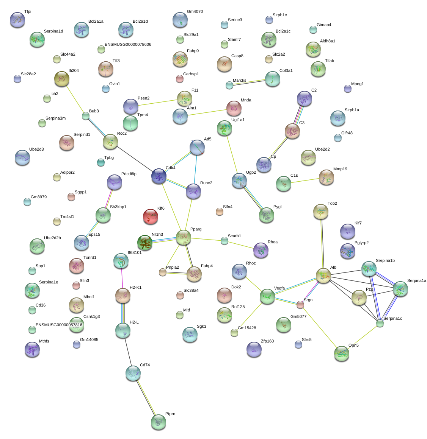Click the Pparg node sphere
point(184,237)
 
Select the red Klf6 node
point(151,216)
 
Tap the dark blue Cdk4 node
point(159,176)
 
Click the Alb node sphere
point(323,276)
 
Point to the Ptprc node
point(159,422)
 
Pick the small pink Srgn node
point(300,304)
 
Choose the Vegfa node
point(267,296)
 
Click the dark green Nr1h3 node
point(145,243)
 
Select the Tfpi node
point(17,20)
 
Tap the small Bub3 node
point(86,116)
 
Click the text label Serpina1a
point(416,281)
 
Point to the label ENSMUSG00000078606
point(128,45)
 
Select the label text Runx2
point(206,183)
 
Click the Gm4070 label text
point(195,12)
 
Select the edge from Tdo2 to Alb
point(322,244)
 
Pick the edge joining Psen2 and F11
point(158,103)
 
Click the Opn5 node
point(342,353)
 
